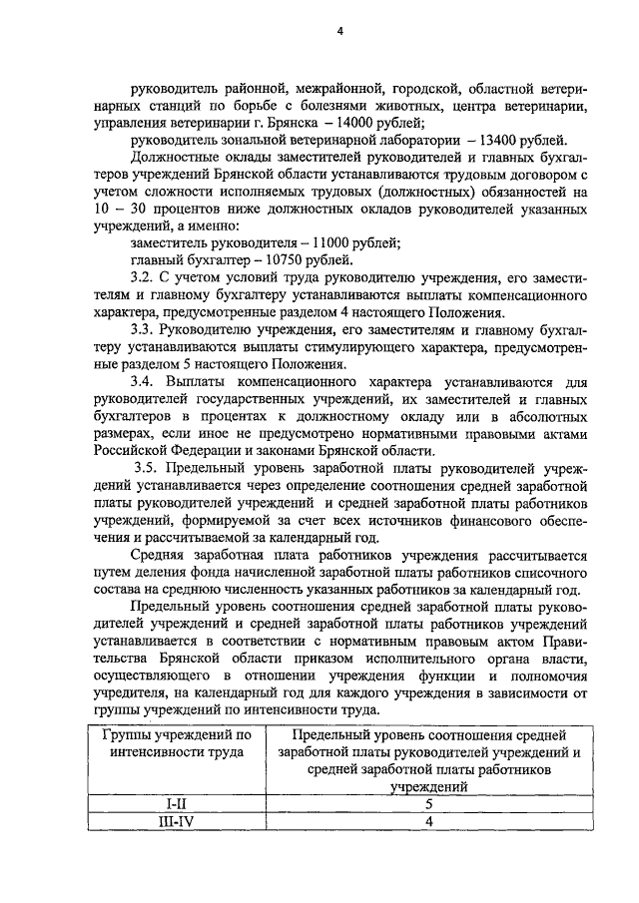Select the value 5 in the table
tap(427, 803)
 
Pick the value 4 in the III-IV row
tap(427, 821)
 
